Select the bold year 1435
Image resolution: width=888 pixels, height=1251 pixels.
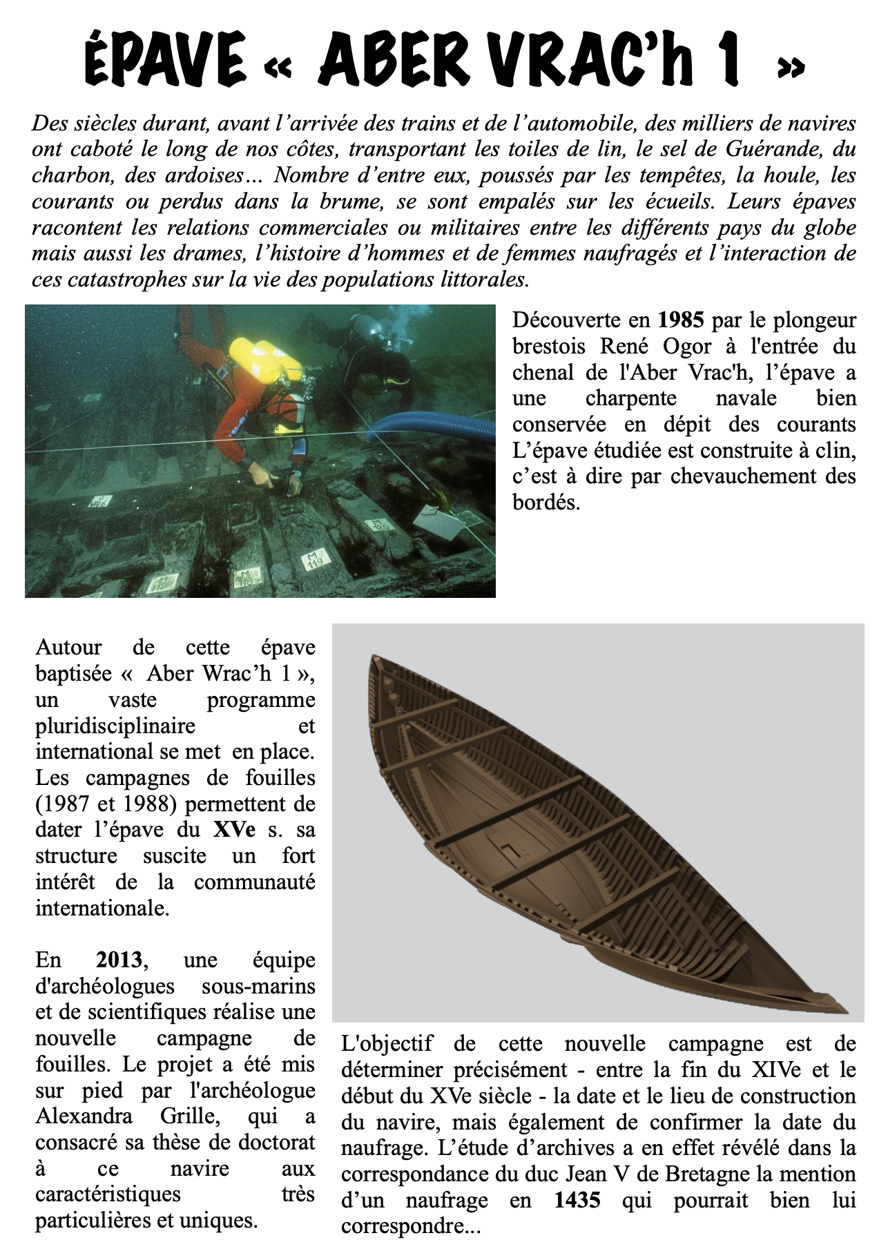pyautogui.click(x=577, y=1201)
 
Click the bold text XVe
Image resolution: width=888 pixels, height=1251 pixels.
pyautogui.click(x=234, y=830)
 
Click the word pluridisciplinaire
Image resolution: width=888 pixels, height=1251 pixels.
pyautogui.click(x=115, y=726)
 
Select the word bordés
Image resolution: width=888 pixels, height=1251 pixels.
pyautogui.click(x=546, y=503)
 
